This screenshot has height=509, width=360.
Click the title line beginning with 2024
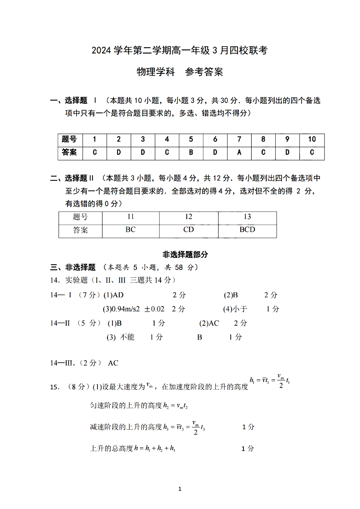(x=180, y=51)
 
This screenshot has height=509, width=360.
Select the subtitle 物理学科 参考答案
(x=180, y=72)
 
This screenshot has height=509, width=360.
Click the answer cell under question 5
(x=191, y=152)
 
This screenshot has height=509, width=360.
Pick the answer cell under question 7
(x=239, y=152)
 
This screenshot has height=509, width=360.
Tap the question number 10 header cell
(x=312, y=140)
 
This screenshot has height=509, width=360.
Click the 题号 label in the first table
(x=69, y=140)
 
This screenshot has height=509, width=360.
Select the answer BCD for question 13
(x=247, y=230)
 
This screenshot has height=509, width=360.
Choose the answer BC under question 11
(x=131, y=230)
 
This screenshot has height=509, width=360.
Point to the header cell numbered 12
(x=189, y=217)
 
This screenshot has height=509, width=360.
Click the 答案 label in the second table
(x=81, y=230)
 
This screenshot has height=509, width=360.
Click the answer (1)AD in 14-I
(x=113, y=295)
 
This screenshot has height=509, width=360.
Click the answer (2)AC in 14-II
(x=209, y=323)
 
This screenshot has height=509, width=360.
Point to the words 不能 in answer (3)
(x=127, y=337)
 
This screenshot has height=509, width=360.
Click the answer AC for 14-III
(x=113, y=363)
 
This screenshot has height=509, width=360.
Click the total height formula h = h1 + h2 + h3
(x=154, y=448)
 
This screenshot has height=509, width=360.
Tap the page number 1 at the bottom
(x=180, y=489)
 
